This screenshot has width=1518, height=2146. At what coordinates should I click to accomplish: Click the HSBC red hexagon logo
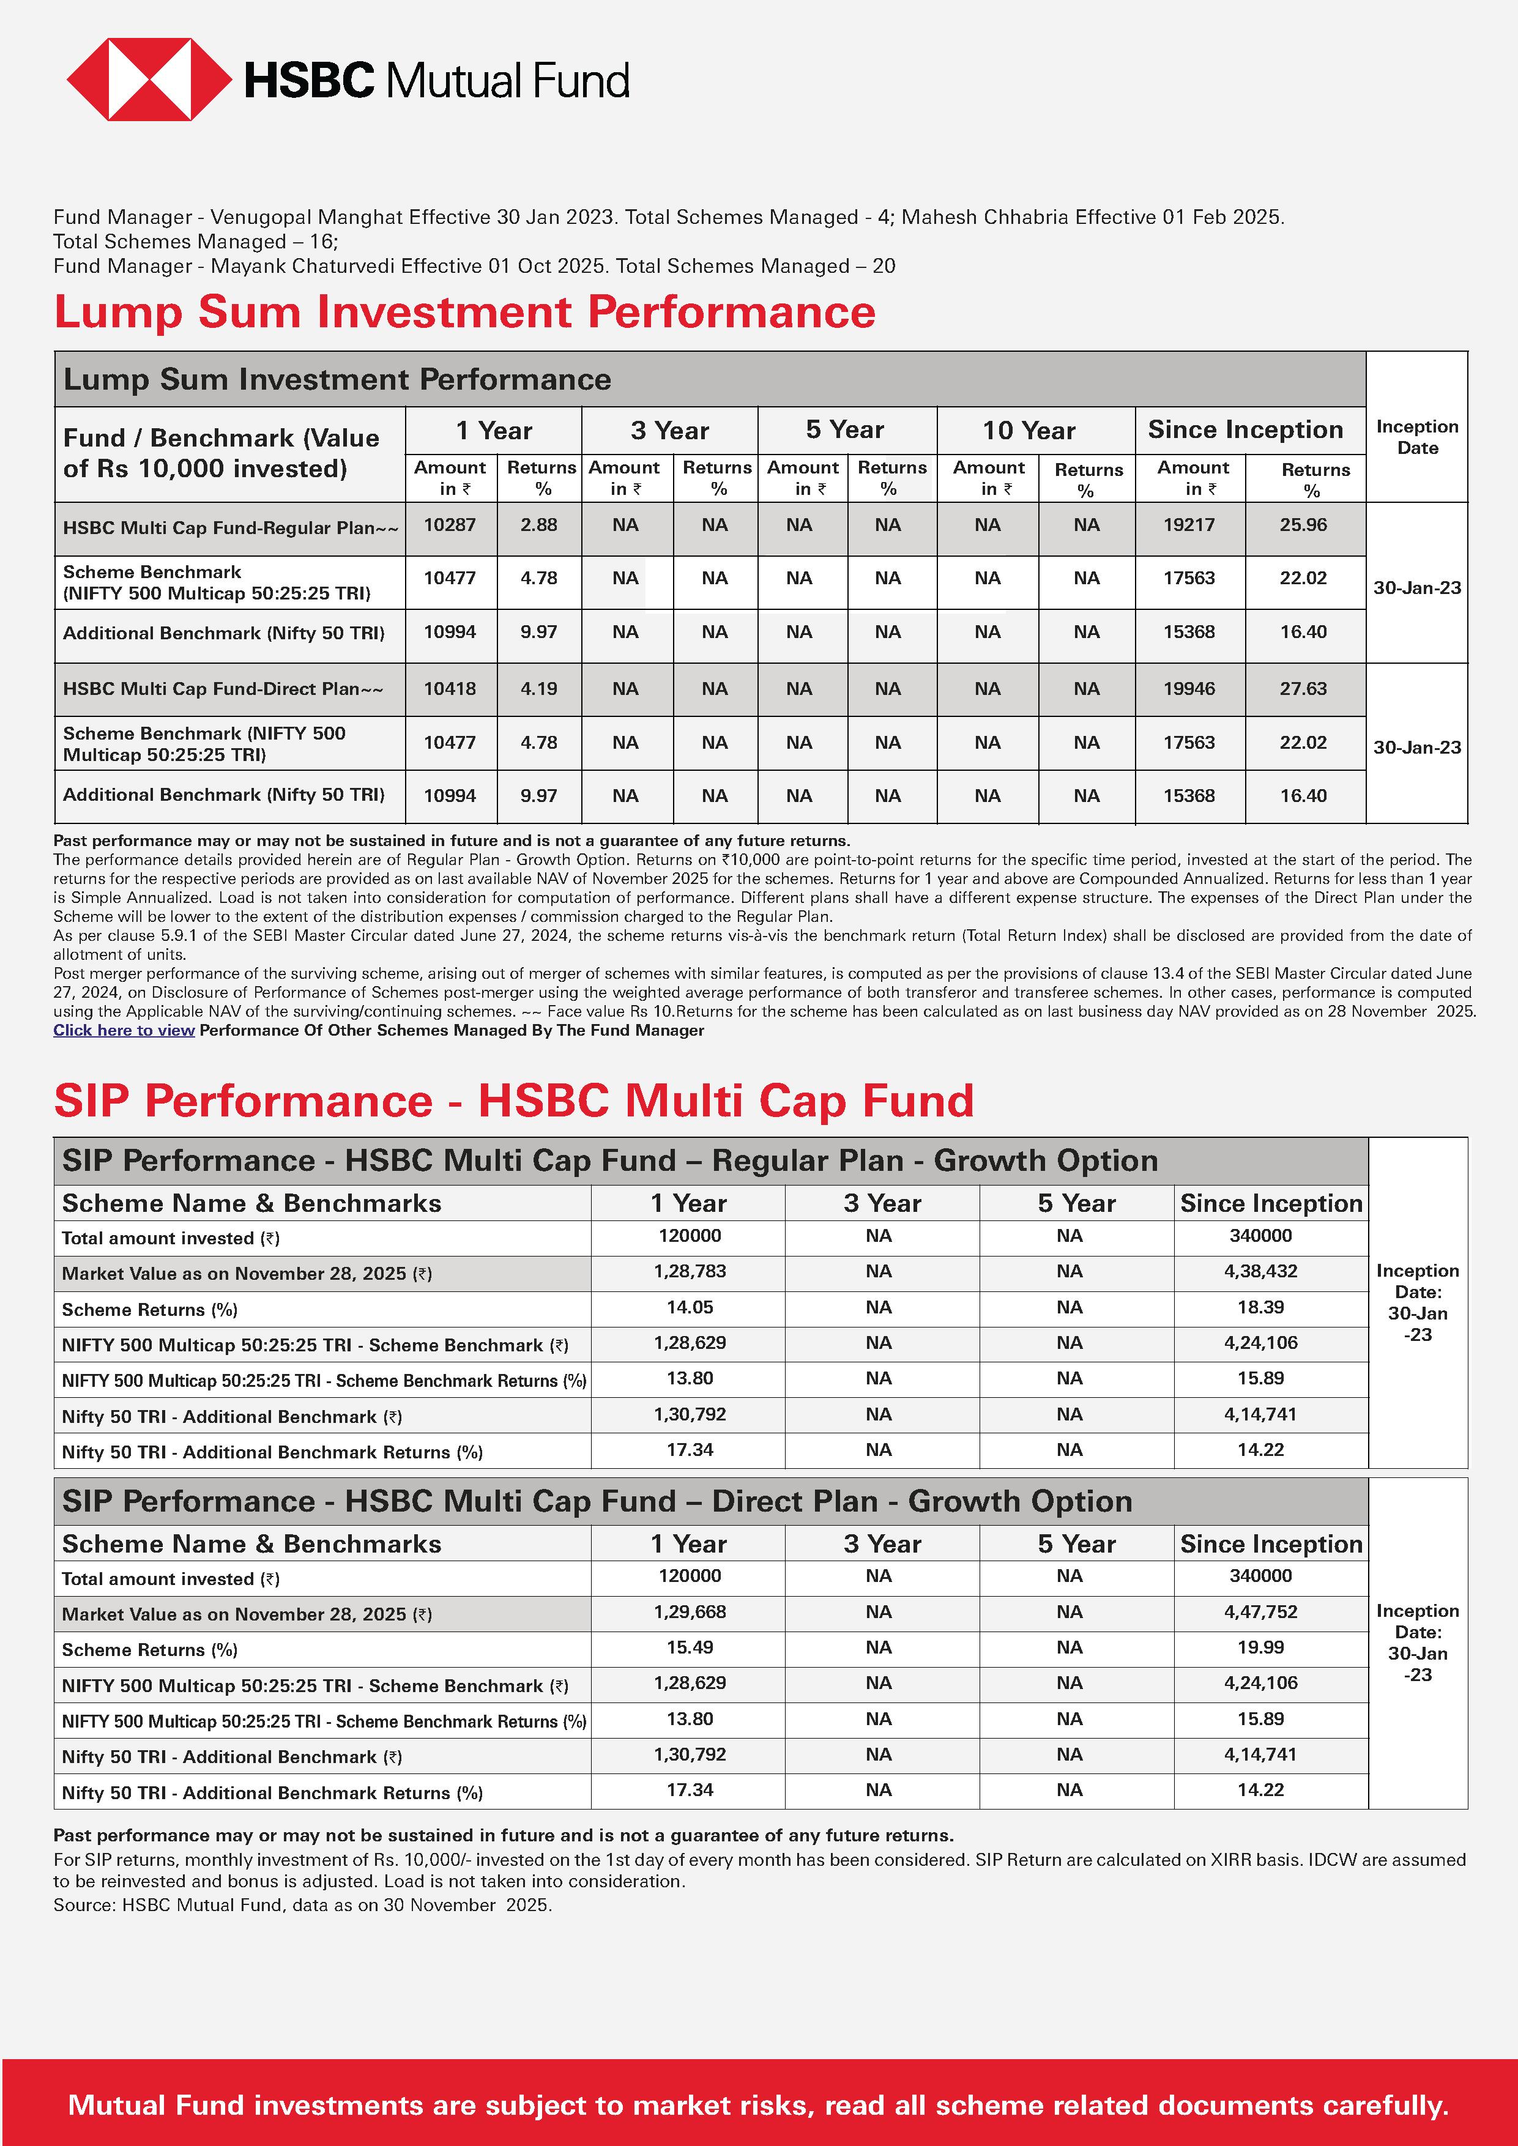click(x=149, y=80)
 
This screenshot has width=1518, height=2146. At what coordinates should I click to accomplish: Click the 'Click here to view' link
click(x=124, y=1030)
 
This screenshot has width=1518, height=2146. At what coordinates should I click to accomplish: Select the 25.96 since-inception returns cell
click(x=1303, y=525)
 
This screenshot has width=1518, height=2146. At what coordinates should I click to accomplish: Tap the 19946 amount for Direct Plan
click(x=1189, y=689)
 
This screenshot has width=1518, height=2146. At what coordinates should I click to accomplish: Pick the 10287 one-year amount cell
click(x=450, y=525)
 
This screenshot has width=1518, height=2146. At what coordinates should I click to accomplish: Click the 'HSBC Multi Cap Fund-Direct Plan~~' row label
click(x=223, y=689)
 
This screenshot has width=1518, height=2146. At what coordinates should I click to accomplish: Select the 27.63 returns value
click(x=1303, y=689)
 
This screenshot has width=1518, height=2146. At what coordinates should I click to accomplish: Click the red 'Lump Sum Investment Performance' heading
click(x=464, y=312)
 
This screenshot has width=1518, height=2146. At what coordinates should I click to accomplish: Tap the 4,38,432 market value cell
click(x=1260, y=1271)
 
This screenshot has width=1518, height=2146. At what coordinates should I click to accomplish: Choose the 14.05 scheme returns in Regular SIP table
click(x=690, y=1307)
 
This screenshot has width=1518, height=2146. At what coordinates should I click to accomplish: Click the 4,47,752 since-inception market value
click(x=1260, y=1611)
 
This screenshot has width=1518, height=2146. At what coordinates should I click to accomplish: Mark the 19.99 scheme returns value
click(x=1260, y=1647)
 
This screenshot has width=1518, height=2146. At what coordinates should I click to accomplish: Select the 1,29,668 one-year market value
click(x=690, y=1611)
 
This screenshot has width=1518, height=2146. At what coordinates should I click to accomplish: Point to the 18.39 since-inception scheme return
click(x=1260, y=1307)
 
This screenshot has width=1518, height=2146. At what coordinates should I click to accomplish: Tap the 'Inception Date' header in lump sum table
click(x=1417, y=437)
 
